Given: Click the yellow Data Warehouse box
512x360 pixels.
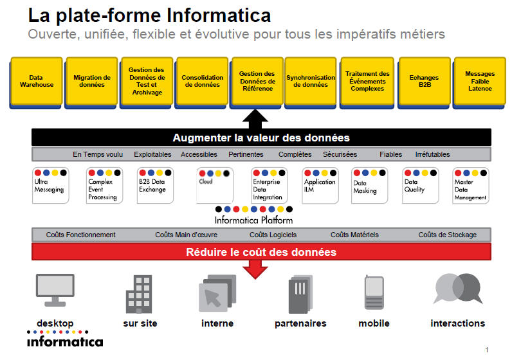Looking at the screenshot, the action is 36,82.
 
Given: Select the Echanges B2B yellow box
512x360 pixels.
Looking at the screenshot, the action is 424,82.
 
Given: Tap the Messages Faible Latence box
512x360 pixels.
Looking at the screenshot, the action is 479,82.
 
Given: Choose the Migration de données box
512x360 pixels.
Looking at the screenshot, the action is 91,82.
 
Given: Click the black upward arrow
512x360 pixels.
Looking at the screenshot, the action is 255,119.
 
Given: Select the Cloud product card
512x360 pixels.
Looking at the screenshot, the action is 215,185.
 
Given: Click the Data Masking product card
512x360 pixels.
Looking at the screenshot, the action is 369,185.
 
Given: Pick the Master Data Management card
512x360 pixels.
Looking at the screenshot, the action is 471,185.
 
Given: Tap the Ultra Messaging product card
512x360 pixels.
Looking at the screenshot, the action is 51,185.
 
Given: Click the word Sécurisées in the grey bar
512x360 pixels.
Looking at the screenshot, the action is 340,154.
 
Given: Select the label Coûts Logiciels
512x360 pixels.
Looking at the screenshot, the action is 273,235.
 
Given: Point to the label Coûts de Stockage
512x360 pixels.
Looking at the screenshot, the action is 447,235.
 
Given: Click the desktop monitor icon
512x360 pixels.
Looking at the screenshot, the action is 55,290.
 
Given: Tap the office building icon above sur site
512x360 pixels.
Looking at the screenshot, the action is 139,294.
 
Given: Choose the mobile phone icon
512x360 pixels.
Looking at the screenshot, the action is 374,292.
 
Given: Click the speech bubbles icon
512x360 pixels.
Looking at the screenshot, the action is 458,289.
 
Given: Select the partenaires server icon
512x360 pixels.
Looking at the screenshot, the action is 300,294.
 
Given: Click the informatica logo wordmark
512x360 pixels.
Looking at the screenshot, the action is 65,342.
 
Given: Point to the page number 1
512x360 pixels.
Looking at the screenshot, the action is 487,350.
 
